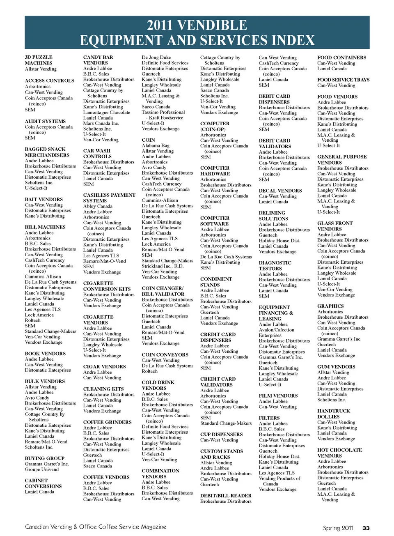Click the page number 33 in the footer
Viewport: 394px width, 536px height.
(x=366, y=528)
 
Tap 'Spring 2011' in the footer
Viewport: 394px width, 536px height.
(x=338, y=528)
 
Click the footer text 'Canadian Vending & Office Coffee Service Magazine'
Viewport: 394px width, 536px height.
(x=96, y=527)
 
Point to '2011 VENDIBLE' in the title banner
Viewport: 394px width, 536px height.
(x=197, y=25)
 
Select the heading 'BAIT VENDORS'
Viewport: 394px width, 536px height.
(x=44, y=200)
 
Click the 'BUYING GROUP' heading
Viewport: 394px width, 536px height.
(x=44, y=458)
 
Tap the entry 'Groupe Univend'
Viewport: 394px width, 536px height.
(x=41, y=469)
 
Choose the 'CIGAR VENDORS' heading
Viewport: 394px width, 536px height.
(x=104, y=367)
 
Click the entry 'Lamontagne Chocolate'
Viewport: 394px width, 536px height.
(x=106, y=112)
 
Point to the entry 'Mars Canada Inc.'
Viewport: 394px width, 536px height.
(x=101, y=123)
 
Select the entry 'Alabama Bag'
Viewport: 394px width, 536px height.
(x=155, y=145)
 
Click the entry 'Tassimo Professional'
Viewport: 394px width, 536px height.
(x=163, y=112)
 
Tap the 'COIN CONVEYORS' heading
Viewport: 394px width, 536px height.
(x=165, y=355)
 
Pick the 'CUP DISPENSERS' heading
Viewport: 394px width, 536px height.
(x=221, y=435)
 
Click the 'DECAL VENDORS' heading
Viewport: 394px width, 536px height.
(x=280, y=191)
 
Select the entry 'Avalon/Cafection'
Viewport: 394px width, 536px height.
(x=276, y=330)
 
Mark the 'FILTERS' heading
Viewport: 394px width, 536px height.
(x=269, y=418)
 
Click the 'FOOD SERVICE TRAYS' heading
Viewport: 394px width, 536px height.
(x=343, y=80)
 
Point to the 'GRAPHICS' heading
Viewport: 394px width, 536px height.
(x=330, y=306)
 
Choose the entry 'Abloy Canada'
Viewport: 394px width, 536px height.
(x=98, y=207)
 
